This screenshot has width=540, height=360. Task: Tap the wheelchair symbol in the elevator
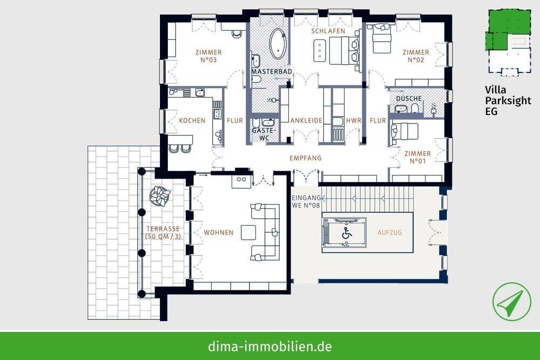[x=346, y=234]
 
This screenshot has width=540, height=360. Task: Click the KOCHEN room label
[x=192, y=120]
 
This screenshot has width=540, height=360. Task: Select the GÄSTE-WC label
[x=264, y=134]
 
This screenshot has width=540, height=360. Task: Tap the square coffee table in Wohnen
[x=249, y=232]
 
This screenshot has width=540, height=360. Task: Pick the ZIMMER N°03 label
[x=208, y=56]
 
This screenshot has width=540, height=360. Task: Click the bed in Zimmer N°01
[x=404, y=132]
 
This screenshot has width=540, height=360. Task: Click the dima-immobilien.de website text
[x=270, y=346]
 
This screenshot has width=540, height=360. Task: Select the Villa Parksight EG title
[x=507, y=101]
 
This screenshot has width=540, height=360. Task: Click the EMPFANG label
[x=305, y=158]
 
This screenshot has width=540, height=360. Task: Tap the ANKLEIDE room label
[x=306, y=120]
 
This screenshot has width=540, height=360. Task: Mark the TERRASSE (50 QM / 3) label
[x=162, y=233]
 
